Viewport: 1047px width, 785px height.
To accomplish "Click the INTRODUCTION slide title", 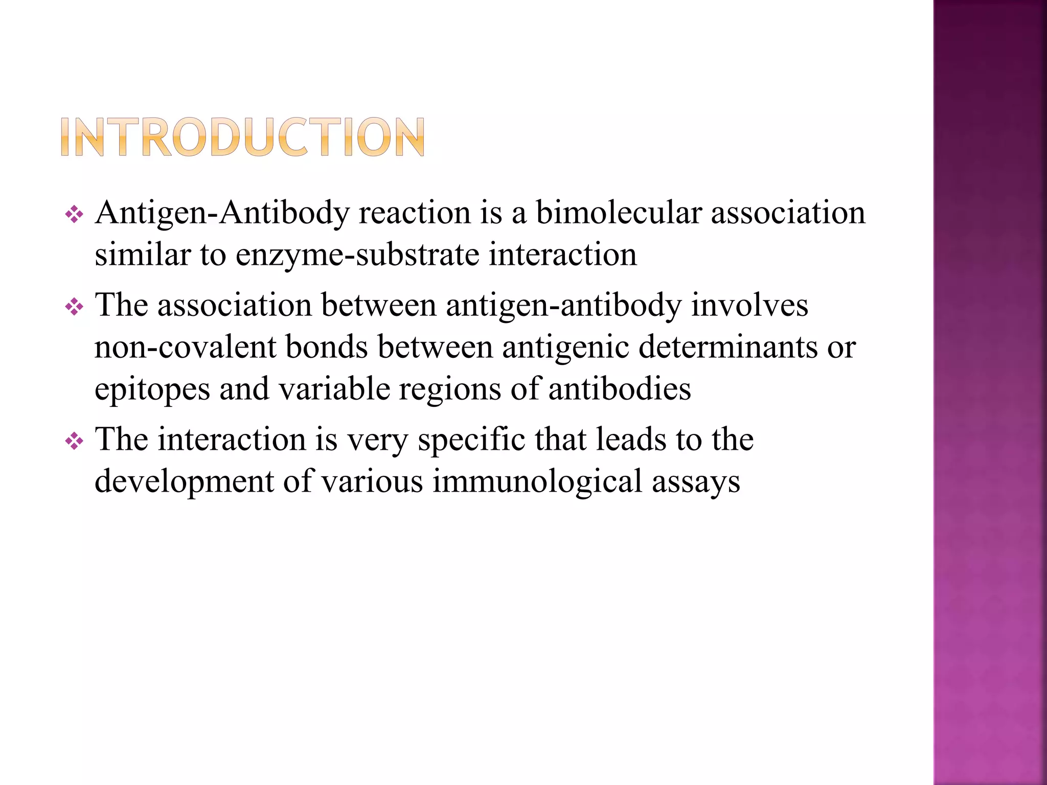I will click(x=243, y=137).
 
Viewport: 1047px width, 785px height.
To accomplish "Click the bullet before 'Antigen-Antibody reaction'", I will click(x=74, y=215).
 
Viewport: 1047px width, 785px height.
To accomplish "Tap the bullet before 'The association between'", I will click(x=74, y=307).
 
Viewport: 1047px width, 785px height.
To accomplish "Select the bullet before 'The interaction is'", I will click(x=74, y=441).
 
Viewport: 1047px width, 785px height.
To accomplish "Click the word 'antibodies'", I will click(x=620, y=389).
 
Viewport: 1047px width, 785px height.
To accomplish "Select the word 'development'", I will click(x=185, y=482).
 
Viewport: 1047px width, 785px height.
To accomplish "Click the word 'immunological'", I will click(x=537, y=482).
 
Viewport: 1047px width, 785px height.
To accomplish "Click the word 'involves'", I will click(x=749, y=306).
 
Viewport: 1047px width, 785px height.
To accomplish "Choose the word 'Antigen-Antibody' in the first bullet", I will click(x=222, y=214).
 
